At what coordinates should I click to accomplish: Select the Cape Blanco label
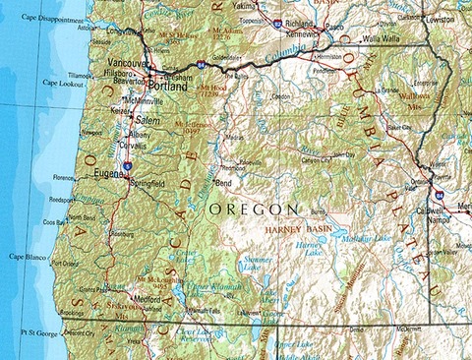pyautogui.click(x=29, y=256)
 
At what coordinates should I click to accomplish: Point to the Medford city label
pyautogui.click(x=148, y=299)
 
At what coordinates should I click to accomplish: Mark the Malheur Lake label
pyautogui.click(x=365, y=238)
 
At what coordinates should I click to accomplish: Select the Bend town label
pyautogui.click(x=224, y=183)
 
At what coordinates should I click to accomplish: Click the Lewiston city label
pyautogui.click(x=441, y=19)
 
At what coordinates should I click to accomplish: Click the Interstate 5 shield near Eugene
pyautogui.click(x=128, y=168)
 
